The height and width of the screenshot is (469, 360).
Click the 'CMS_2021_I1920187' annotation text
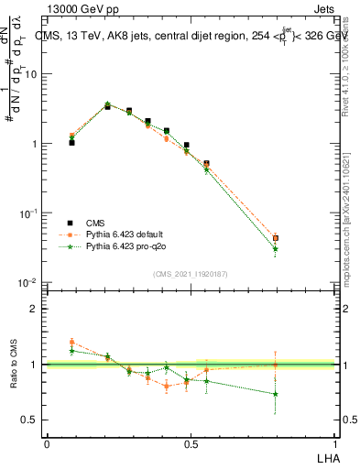click(x=191, y=273)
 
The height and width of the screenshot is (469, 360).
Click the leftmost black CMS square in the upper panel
click(x=71, y=143)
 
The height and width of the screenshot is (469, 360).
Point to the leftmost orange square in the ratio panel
click(x=71, y=343)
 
